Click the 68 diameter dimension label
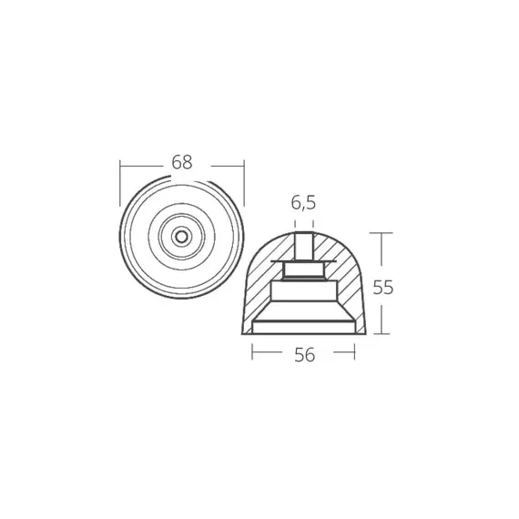click(182, 163)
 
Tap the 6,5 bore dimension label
click(303, 204)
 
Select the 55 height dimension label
click(383, 287)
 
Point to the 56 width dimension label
click(304, 355)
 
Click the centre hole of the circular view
click(182, 237)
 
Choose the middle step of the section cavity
click(304, 293)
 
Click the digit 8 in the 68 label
click(188, 163)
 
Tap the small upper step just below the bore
click(304, 269)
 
